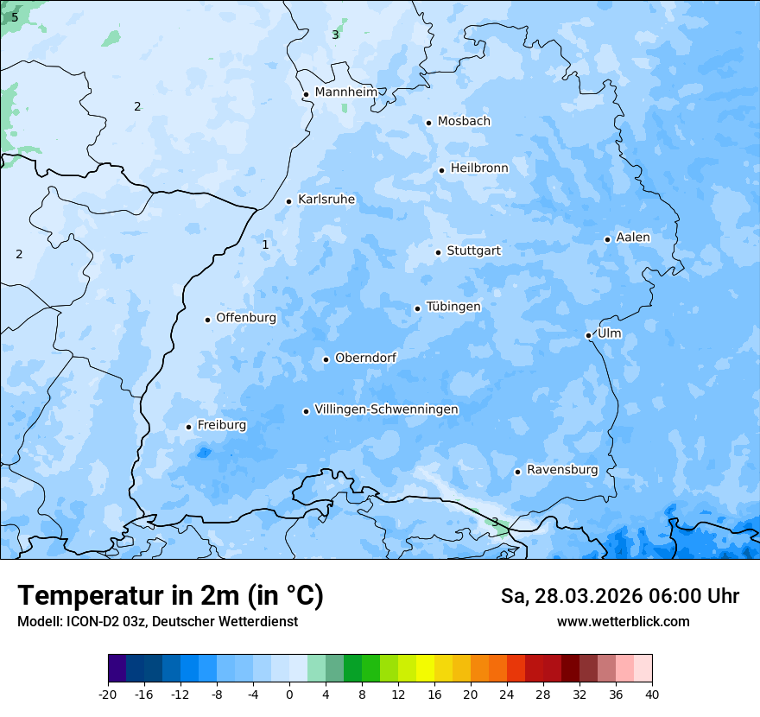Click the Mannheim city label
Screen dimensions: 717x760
pyautogui.click(x=345, y=92)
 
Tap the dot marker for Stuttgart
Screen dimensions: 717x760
pyautogui.click(x=438, y=252)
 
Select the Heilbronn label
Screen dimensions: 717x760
pyautogui.click(x=479, y=168)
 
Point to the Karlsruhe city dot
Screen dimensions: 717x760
pyautogui.click(x=289, y=201)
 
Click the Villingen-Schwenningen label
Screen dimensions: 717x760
pyautogui.click(x=386, y=409)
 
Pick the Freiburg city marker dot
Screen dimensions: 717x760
pyautogui.click(x=188, y=427)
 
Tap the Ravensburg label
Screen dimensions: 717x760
pyautogui.click(x=562, y=469)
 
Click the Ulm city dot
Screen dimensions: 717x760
pyautogui.click(x=588, y=335)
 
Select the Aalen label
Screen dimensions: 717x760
pyautogui.click(x=633, y=237)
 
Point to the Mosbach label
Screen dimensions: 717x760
pyautogui.click(x=464, y=121)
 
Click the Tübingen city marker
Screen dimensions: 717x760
pyautogui.click(x=417, y=308)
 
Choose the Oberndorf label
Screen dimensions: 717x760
pyautogui.click(x=365, y=358)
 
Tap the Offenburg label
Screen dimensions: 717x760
pyautogui.click(x=246, y=317)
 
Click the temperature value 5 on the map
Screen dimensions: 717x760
pyautogui.click(x=15, y=17)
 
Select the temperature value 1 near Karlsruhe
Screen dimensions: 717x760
pyautogui.click(x=265, y=244)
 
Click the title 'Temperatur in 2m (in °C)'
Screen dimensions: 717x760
pyautogui.click(x=170, y=595)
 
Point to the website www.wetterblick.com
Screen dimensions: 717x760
pyautogui.click(x=623, y=621)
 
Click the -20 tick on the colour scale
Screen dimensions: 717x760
pyautogui.click(x=108, y=694)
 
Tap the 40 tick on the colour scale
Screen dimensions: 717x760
pyautogui.click(x=652, y=694)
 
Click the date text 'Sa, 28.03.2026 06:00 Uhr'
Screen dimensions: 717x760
pyautogui.click(x=619, y=596)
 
